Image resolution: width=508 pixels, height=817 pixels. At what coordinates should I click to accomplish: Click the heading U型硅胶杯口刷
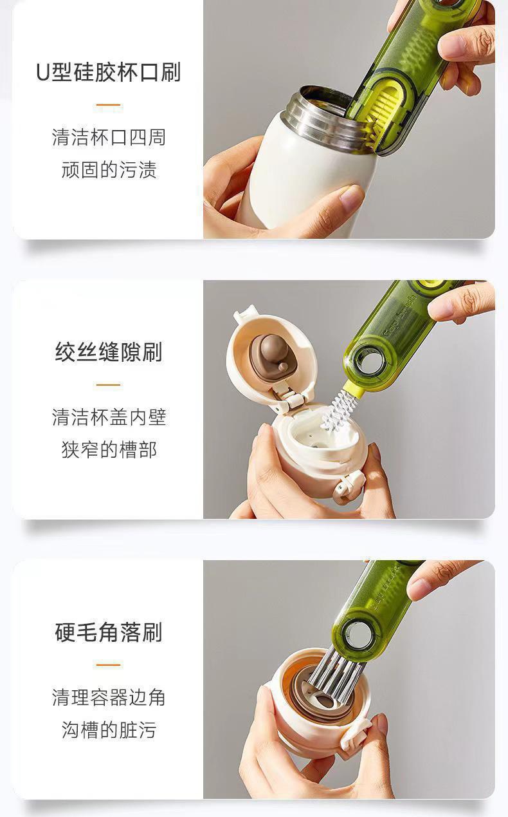(x=108, y=72)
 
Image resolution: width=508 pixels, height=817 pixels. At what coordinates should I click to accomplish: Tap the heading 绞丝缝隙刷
(x=109, y=352)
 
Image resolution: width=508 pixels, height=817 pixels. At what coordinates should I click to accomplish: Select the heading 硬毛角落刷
(x=109, y=632)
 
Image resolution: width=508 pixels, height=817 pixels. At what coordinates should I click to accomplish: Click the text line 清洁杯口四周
(x=109, y=138)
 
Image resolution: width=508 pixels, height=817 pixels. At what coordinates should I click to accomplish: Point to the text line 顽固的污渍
(x=109, y=169)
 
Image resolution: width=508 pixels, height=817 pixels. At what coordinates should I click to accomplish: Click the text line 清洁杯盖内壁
(x=109, y=417)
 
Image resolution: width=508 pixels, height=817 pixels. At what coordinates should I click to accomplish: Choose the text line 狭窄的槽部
(x=109, y=449)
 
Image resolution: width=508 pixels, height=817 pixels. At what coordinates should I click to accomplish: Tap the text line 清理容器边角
(x=109, y=697)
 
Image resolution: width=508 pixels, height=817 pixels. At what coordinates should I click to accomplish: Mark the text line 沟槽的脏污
(x=109, y=729)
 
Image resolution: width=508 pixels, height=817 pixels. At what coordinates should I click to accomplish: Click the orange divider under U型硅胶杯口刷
(x=108, y=105)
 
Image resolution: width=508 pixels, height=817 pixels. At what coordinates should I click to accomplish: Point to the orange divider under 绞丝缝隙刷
(x=108, y=384)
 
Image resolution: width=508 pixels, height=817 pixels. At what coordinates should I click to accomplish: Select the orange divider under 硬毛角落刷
(x=108, y=664)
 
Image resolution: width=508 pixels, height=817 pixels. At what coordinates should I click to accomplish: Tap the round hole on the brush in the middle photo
(x=370, y=361)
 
